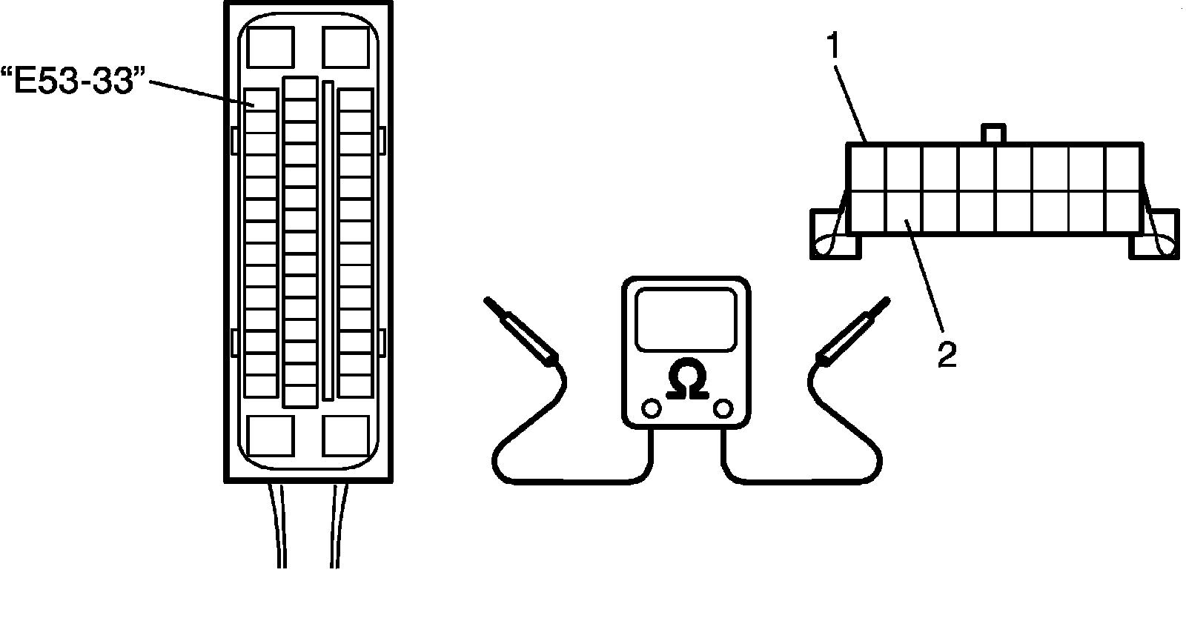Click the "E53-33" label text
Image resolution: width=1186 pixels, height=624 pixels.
point(73,79)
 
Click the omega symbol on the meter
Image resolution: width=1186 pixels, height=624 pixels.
point(686,380)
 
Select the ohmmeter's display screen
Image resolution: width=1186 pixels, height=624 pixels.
point(686,319)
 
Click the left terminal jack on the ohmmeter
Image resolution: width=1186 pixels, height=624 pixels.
point(651,408)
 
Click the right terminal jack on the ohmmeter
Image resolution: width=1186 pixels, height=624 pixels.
point(723,408)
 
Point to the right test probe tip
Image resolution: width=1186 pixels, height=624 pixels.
point(884,302)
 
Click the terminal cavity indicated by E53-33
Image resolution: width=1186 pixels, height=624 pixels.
point(261,100)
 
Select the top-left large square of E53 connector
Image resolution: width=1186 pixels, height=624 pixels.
point(271,47)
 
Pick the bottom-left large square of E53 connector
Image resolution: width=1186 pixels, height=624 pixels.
point(271,435)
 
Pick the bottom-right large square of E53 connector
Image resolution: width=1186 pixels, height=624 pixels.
point(346,435)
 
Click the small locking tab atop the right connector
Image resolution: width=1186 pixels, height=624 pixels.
point(993,134)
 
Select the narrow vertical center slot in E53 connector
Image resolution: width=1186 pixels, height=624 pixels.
point(328,241)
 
